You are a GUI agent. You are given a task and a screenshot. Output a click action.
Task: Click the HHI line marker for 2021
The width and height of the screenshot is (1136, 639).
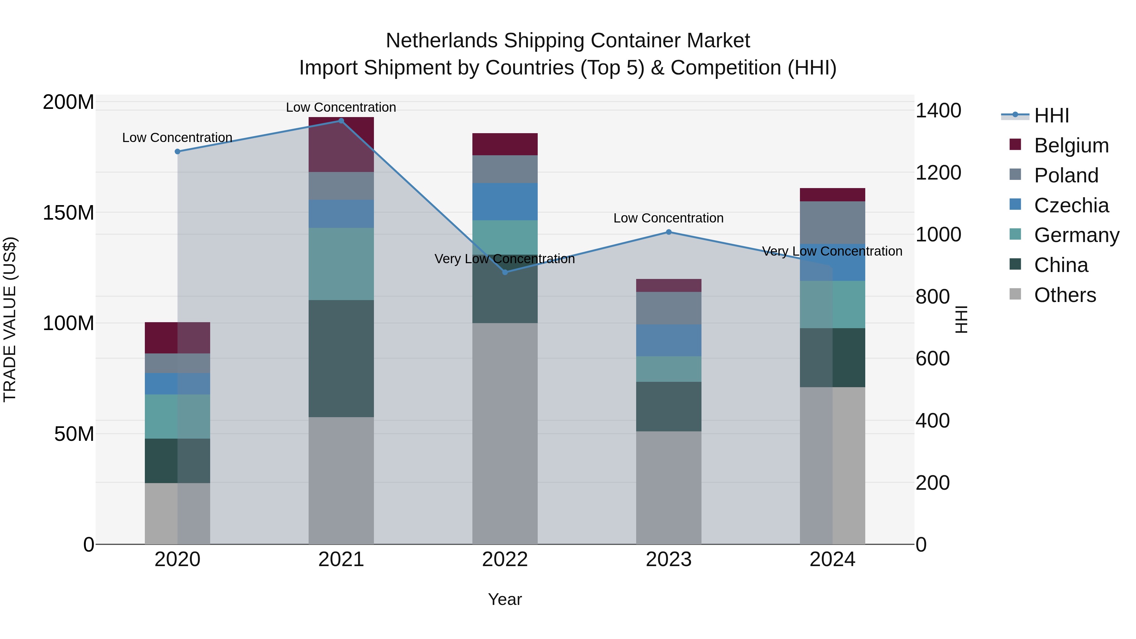(x=341, y=121)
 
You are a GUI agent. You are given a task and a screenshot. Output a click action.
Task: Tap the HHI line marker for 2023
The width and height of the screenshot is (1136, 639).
(x=669, y=232)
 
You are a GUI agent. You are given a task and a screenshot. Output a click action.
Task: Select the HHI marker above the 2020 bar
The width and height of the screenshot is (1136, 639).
(x=177, y=151)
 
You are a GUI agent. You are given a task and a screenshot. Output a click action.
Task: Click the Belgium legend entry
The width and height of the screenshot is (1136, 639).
(x=1071, y=145)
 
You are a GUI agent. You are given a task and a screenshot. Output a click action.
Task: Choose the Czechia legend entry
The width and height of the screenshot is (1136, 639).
(x=1071, y=205)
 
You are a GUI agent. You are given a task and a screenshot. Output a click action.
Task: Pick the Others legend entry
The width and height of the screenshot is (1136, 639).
(x=1065, y=295)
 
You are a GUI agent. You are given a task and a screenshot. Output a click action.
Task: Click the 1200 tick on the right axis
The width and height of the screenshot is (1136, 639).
(x=938, y=173)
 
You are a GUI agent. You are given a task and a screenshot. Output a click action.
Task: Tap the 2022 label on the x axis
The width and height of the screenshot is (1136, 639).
(x=505, y=559)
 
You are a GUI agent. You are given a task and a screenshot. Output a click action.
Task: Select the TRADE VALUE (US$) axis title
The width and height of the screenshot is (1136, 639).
(x=10, y=319)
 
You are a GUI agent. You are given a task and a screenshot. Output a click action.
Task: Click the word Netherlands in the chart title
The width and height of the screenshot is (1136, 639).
(x=442, y=41)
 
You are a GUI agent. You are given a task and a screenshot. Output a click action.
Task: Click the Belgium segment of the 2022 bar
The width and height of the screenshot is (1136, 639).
(x=505, y=144)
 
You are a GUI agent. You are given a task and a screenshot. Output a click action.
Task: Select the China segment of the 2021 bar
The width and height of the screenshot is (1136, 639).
(x=341, y=358)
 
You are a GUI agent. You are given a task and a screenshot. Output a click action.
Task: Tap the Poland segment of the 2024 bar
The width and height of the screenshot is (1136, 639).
(x=832, y=222)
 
